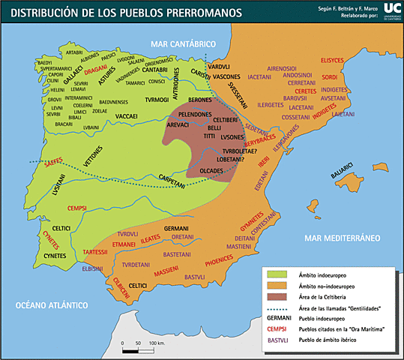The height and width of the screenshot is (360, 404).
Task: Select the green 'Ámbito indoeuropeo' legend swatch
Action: [x=277, y=276]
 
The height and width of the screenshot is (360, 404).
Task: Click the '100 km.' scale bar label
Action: [x=157, y=343]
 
